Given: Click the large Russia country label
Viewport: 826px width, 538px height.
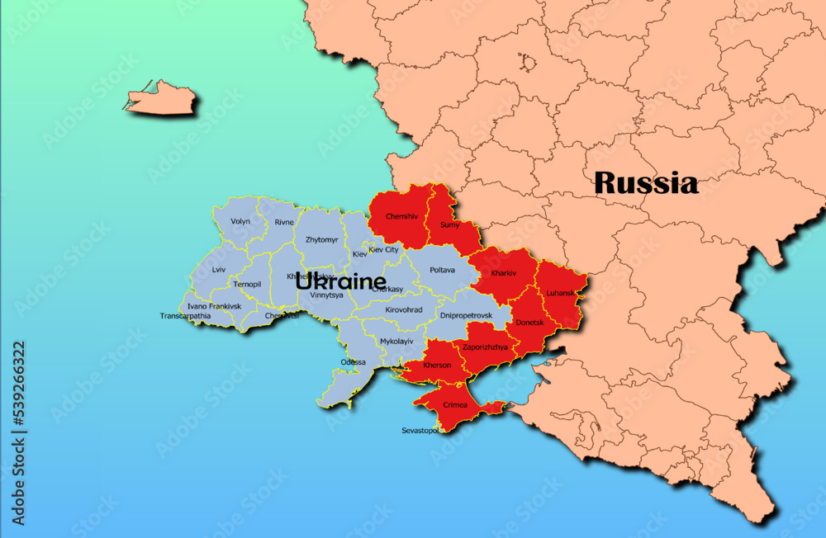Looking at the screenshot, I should tap(646, 182).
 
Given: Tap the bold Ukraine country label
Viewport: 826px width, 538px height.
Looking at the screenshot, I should tap(340, 281).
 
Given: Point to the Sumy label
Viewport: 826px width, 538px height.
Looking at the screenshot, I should tap(450, 224).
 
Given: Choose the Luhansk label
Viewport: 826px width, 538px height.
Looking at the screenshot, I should tap(561, 293).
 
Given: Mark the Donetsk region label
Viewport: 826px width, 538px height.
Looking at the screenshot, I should tap(529, 323).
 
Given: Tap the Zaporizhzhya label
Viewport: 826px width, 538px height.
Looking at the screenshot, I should tap(485, 347).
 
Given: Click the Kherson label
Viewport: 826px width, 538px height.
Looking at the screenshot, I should tap(437, 365).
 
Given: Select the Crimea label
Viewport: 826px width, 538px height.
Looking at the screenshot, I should tap(455, 404).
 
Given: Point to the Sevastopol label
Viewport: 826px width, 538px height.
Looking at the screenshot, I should tap(420, 431).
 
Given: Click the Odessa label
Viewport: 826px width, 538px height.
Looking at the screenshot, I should tap(353, 362).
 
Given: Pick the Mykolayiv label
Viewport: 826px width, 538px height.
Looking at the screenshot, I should tap(396, 341).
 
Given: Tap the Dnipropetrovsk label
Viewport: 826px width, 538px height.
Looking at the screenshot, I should tap(466, 315).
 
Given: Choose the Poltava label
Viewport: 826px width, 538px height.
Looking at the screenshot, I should tap(443, 270).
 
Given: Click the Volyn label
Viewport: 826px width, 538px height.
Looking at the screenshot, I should tap(240, 221).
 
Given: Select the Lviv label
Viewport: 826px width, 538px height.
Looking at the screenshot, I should tap(219, 270).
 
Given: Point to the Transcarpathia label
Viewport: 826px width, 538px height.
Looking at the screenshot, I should tap(185, 316).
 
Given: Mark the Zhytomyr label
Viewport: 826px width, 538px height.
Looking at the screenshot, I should tap(321, 240).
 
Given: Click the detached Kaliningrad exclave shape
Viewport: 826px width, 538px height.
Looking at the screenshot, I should tap(162, 99).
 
